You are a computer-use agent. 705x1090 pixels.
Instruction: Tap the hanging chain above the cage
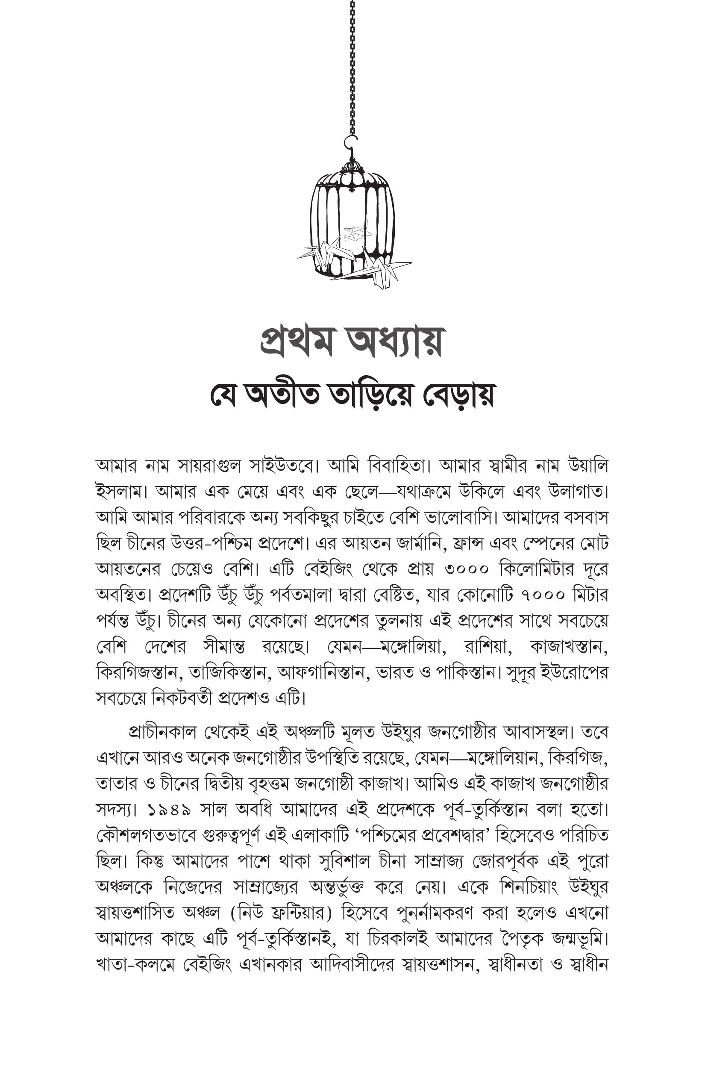tap(352, 69)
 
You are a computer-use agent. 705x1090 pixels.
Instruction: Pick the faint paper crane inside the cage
tap(357, 231)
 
